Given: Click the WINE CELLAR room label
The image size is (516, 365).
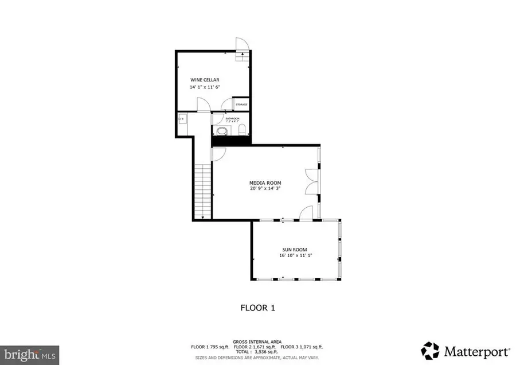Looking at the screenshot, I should [x=205, y=80].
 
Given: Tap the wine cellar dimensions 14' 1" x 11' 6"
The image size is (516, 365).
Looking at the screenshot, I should [x=205, y=87].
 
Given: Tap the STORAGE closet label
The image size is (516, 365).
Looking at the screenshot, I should [x=241, y=104].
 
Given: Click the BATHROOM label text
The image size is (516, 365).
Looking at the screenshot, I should [x=232, y=118].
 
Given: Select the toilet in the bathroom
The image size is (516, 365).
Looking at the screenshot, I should [x=241, y=129].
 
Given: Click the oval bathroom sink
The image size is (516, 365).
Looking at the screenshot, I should [x=221, y=131].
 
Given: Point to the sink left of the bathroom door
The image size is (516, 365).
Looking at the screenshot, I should [x=182, y=119].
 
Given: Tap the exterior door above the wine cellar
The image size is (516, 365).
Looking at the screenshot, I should [x=243, y=45].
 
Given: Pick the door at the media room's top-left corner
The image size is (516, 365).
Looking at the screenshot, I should [x=218, y=153].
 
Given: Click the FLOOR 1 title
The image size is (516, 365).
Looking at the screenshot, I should [x=257, y=308].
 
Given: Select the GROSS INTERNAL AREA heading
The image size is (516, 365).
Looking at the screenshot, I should [x=257, y=341].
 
